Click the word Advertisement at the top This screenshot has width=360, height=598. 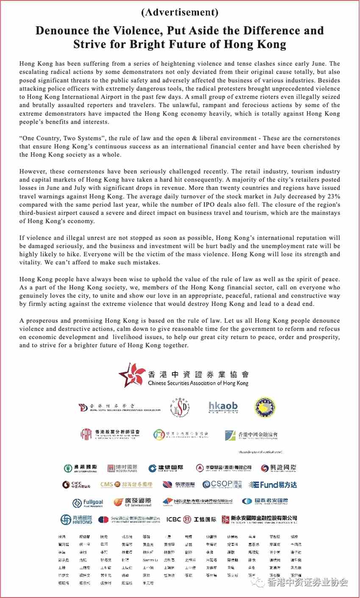[180, 12]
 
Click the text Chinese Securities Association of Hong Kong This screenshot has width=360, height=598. [198, 383]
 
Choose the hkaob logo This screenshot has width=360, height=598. [223, 407]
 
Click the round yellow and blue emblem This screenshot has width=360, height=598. [265, 408]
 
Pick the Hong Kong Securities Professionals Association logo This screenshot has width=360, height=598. [119, 408]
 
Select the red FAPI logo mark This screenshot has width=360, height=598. [86, 434]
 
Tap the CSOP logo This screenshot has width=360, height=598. [222, 484]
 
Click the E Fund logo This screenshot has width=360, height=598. [273, 485]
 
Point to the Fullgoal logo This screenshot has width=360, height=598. [88, 503]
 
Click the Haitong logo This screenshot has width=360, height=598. [76, 520]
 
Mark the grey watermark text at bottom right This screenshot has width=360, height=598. [307, 582]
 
